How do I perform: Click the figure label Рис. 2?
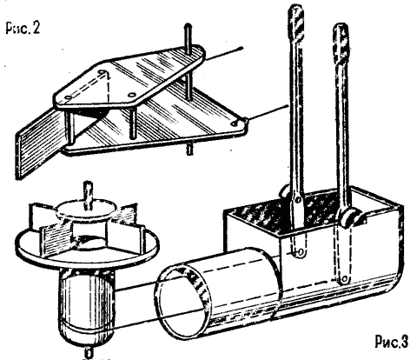23,28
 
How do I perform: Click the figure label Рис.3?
392,341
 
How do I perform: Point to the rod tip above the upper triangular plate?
188,26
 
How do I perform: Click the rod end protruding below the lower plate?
189,150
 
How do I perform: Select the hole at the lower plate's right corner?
234,123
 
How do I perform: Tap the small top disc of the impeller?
87,210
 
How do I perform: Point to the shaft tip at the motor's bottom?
89,352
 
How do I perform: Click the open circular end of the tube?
183,302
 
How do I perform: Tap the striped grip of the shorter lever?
341,43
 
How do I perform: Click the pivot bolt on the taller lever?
298,199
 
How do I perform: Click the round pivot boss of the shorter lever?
347,218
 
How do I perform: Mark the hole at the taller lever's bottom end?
301,252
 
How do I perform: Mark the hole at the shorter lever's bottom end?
344,279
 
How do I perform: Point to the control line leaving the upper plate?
223,54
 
